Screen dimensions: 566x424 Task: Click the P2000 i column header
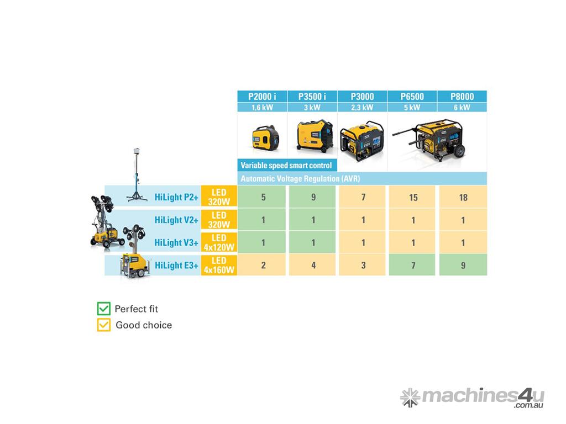(262, 97)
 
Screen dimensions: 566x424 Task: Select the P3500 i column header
(312, 97)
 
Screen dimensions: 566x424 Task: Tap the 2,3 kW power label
(362, 108)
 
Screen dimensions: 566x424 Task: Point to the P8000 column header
(462, 97)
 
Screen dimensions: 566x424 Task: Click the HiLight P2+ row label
(176, 197)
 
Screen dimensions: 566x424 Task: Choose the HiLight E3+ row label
(176, 266)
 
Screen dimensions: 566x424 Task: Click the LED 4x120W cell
(219, 242)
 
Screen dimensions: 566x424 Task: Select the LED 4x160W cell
(219, 265)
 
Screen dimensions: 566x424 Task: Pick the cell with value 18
(463, 197)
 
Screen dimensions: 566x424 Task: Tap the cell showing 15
(413, 197)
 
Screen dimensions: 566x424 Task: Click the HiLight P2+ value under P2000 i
(263, 197)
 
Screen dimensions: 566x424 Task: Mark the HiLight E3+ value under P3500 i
(313, 265)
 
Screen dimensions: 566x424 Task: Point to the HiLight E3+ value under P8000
(463, 265)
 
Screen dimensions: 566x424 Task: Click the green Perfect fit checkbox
(103, 309)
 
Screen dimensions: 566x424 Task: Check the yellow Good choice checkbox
(103, 325)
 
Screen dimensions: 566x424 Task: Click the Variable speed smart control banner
(287, 165)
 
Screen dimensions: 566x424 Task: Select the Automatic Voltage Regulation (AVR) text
(300, 178)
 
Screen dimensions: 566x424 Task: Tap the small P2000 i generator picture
(265, 139)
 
